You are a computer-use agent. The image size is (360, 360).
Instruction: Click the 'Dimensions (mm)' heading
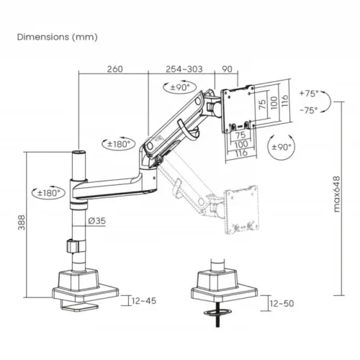[58, 37]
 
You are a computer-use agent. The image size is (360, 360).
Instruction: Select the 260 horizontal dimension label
[114, 69]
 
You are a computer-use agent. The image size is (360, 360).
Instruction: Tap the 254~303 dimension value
[184, 69]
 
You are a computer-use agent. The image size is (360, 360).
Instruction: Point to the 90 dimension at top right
[227, 69]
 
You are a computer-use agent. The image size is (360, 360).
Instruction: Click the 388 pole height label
[22, 222]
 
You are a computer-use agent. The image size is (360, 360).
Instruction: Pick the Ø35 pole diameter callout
[97, 220]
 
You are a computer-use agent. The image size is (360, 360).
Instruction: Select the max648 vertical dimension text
[337, 194]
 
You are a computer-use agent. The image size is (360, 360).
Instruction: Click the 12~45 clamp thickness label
[144, 301]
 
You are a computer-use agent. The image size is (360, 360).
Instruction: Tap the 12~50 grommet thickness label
[282, 304]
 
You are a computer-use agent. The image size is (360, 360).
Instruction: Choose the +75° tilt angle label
[309, 94]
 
